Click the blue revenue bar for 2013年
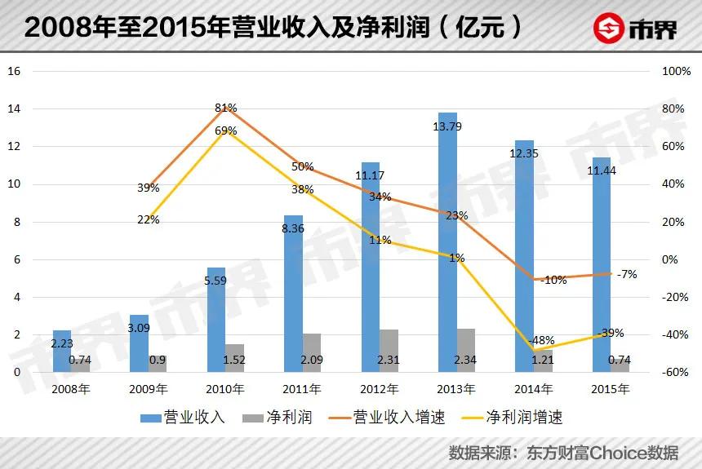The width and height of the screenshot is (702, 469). pos(447,245)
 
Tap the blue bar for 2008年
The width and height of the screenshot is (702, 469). pos(62,352)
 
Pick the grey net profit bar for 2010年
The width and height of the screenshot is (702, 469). pos(234,358)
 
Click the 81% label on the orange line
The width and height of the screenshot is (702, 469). pos(226,108)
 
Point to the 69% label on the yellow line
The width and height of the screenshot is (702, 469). pos(226,131)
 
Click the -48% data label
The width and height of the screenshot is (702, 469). pos(541,340)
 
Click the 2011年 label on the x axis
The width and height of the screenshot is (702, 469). pos(302,389)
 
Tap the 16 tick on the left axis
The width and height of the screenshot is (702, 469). pos(13,71)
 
